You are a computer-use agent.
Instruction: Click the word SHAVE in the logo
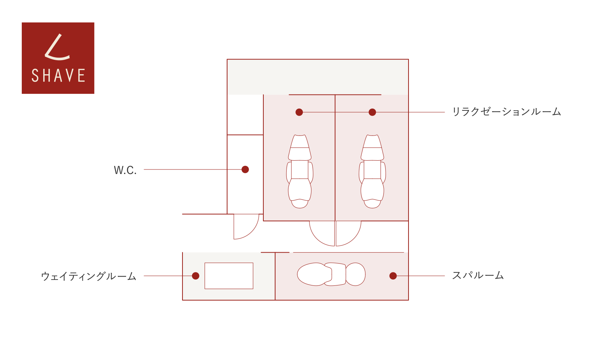(58, 75)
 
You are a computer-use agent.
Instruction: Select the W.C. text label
(125, 170)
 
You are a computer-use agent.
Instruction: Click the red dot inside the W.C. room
(245, 169)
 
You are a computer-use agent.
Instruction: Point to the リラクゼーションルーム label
(506, 112)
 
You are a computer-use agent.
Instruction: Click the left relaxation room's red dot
(299, 112)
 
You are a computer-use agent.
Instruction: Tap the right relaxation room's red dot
(372, 112)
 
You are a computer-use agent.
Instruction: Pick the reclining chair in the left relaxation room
(300, 171)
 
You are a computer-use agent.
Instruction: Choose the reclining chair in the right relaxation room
(372, 171)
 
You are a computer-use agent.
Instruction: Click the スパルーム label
(478, 275)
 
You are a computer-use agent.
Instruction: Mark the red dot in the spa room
(393, 275)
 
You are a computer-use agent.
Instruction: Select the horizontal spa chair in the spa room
(331, 274)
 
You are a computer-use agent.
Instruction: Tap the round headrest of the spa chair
(355, 274)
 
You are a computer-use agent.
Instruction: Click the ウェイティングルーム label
(89, 276)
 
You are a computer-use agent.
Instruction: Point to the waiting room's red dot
(195, 275)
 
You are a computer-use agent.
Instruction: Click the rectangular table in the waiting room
(229, 275)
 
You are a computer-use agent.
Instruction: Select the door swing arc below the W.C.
(252, 232)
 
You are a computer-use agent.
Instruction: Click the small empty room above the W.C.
(245, 114)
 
